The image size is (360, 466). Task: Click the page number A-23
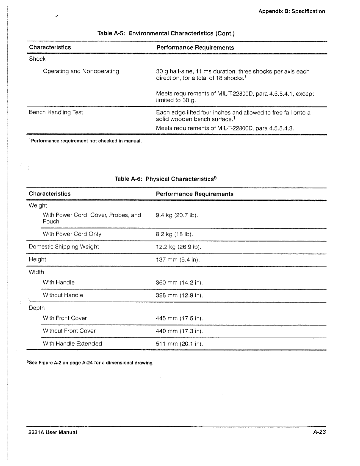pos(319,432)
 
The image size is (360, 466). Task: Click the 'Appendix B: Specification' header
pos(292,11)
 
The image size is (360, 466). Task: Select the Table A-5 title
pos(166,33)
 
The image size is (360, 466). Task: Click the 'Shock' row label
pos(37,59)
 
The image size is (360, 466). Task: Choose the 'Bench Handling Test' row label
pos(56,112)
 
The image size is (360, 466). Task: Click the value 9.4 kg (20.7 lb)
pos(177,215)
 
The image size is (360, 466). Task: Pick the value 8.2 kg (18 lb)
pos(174,234)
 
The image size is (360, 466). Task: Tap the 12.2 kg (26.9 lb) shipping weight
pos(178,247)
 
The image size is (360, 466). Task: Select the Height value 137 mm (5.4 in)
pos(178,260)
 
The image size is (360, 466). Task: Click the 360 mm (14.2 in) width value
pos(179,283)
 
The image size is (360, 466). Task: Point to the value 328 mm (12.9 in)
pos(179,295)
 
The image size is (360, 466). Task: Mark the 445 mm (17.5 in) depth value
pos(179,318)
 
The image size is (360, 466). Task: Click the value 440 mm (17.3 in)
pos(179,331)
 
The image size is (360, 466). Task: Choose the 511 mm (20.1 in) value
pos(179,344)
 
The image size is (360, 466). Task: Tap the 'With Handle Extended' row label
pos(72,344)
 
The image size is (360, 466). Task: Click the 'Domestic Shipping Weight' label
pos(64,247)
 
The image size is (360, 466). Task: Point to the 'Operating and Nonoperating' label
pos(81,71)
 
